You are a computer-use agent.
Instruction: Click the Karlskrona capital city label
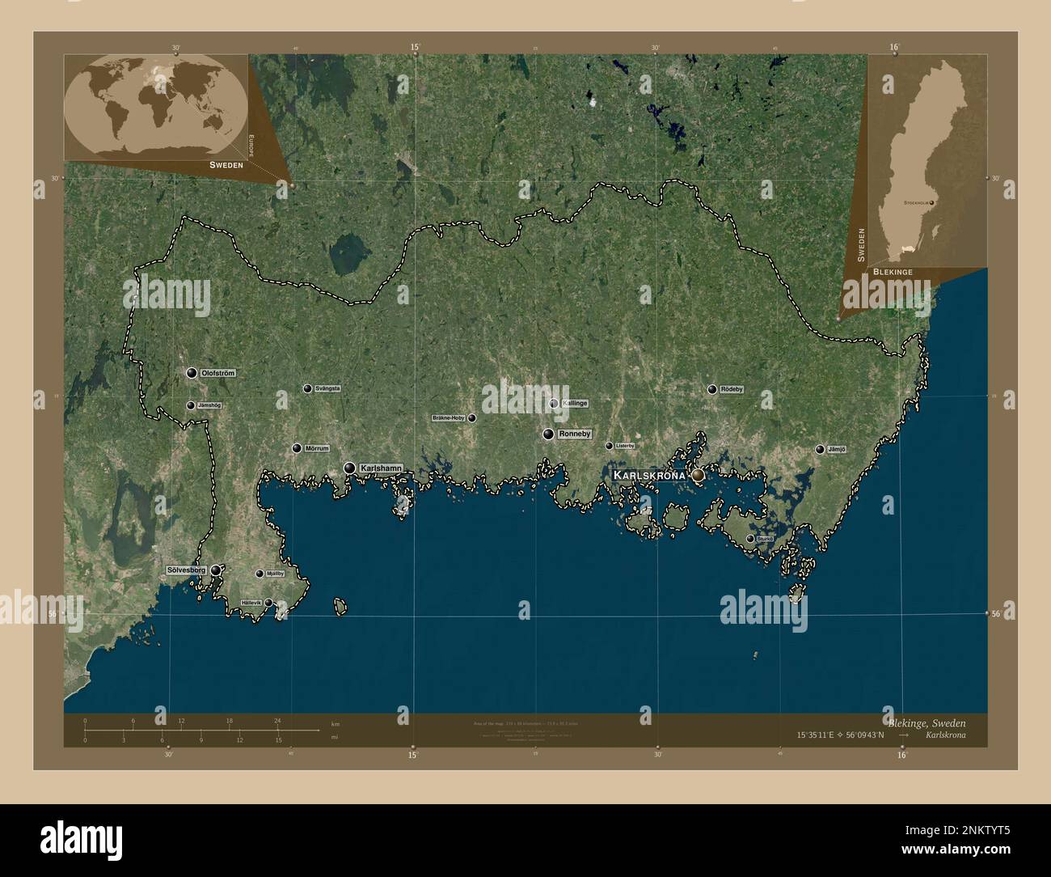pos(650,475)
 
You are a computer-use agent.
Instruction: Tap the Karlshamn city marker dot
pos(349,468)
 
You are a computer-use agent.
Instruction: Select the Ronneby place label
pos(575,434)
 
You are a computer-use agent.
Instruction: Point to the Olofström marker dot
pos(192,373)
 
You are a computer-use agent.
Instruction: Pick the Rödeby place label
pos(731,389)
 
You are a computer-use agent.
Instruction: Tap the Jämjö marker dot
pos(820,449)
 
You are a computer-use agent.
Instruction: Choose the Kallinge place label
pos(575,403)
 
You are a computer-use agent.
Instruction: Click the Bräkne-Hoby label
pos(449,418)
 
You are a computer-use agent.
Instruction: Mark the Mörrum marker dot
pos(297,448)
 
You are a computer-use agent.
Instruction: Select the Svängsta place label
pos(327,388)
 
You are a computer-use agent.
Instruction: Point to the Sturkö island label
pos(765,538)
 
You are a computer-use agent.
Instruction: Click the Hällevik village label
pos(251,603)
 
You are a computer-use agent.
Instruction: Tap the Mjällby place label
pos(275,574)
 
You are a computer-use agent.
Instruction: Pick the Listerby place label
pos(625,446)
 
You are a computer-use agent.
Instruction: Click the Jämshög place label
pos(209,405)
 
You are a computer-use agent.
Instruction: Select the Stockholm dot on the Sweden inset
pos(931,201)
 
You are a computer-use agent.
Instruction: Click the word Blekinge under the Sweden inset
pos(893,273)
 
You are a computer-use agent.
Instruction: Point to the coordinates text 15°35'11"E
pos(825,735)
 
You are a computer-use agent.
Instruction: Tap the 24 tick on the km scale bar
pos(277,720)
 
